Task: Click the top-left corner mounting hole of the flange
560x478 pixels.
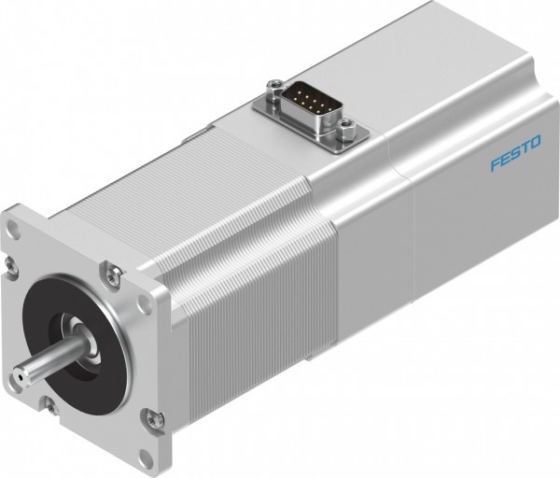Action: (x=16, y=227)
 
